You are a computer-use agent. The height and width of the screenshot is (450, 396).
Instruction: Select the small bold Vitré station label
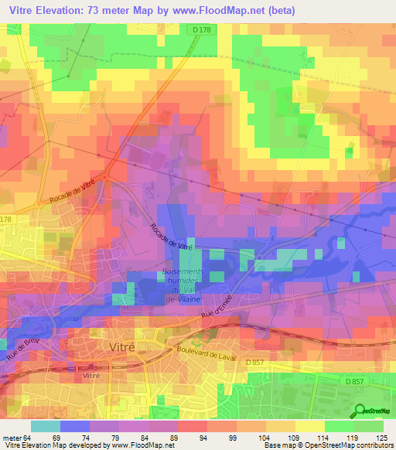click(91, 375)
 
